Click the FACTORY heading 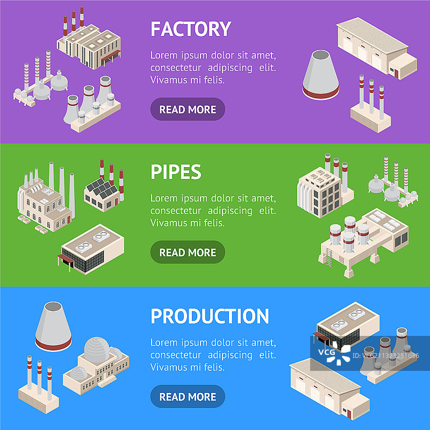[x=190, y=28]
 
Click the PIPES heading [x=176, y=171]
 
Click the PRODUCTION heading [x=209, y=316]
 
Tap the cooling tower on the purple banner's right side [x=321, y=75]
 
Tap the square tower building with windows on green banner [x=318, y=191]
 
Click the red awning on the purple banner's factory [x=112, y=54]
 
